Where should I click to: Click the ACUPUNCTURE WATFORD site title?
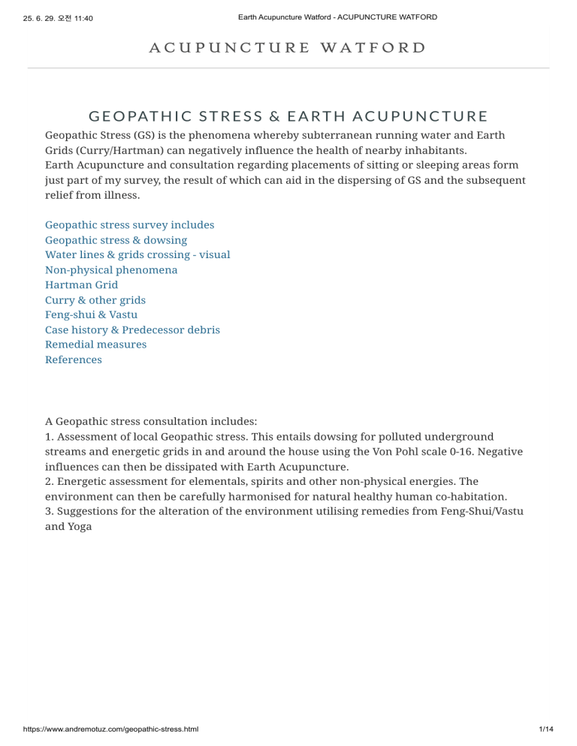tap(288, 47)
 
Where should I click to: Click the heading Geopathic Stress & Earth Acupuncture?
tap(288, 116)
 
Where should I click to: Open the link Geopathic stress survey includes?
tap(129, 225)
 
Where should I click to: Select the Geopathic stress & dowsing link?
tap(116, 240)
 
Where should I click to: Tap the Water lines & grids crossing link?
tap(137, 255)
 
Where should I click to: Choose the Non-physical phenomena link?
tap(111, 270)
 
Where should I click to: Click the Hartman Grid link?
tap(81, 285)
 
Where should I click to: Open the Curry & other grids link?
tap(95, 300)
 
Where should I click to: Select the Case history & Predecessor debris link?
tap(132, 330)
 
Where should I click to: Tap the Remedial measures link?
tap(95, 344)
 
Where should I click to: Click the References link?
tap(73, 359)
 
